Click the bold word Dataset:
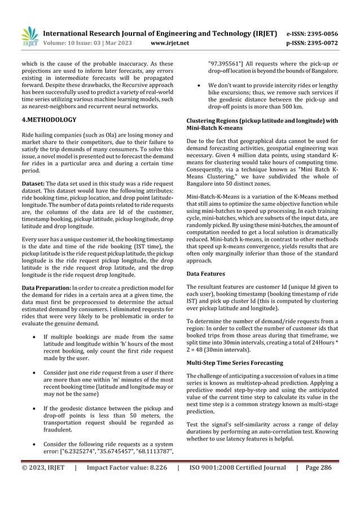(33, 183)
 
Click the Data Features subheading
(205, 273)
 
